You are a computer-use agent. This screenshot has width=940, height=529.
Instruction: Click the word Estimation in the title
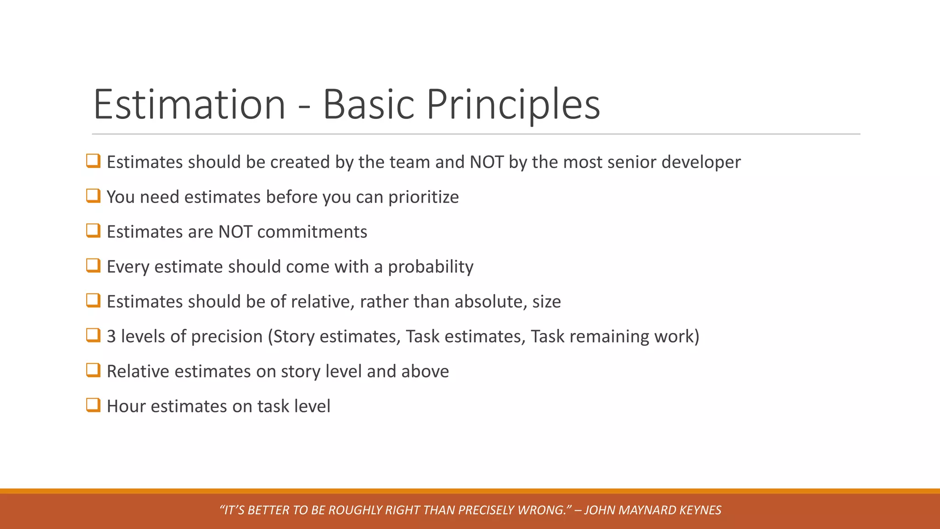click(x=190, y=105)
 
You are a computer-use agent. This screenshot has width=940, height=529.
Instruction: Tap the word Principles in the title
click(x=513, y=105)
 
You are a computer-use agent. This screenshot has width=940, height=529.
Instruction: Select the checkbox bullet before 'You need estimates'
click(x=93, y=196)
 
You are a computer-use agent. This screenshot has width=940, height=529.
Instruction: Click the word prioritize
click(x=423, y=197)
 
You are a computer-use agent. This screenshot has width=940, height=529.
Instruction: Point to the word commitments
click(x=312, y=232)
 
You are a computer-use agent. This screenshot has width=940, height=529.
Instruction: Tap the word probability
click(x=431, y=267)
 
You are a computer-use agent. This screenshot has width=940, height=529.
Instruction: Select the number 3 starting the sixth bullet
click(x=111, y=337)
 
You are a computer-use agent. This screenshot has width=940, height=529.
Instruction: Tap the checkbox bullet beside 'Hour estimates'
click(x=93, y=405)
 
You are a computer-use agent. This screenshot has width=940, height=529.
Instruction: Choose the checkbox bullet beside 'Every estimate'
click(x=93, y=266)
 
